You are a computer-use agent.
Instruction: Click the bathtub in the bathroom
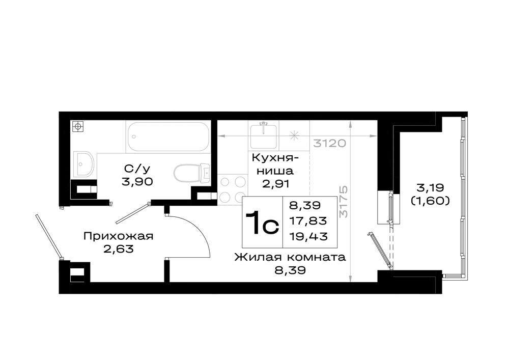168,136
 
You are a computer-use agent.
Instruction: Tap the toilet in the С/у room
191,173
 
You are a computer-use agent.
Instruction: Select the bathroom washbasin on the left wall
83,164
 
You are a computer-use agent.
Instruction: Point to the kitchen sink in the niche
264,135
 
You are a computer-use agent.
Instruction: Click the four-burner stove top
233,189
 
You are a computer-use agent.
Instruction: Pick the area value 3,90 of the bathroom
137,181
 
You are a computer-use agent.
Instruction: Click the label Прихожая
118,236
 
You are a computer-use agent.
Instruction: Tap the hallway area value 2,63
118,249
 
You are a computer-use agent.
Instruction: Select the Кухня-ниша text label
275,164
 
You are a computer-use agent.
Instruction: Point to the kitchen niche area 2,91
275,184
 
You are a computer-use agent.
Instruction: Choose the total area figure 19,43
308,236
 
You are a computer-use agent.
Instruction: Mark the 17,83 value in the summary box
308,221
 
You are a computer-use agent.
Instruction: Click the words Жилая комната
290,258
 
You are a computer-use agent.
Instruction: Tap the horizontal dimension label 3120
330,143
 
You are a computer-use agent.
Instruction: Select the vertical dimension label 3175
343,202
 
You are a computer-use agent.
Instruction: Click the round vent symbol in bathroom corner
78,126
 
